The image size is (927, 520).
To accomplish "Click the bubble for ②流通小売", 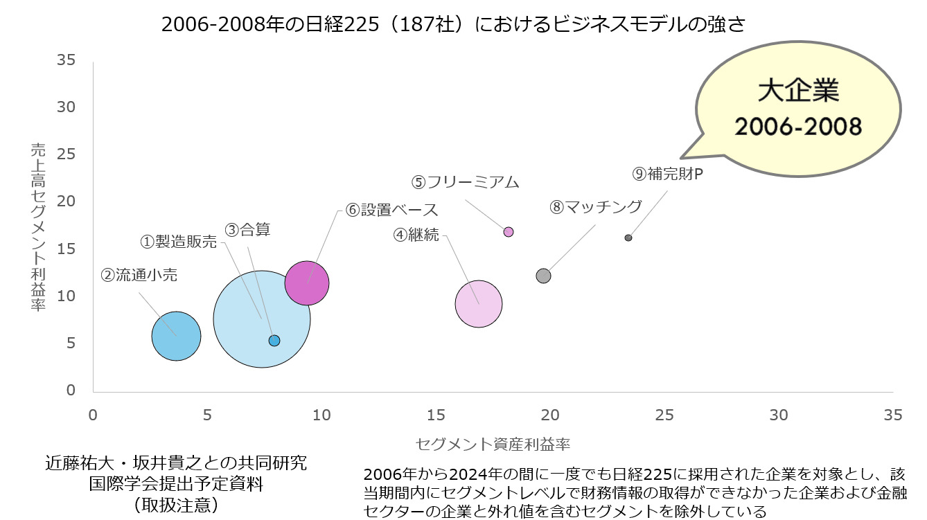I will coord(176,337).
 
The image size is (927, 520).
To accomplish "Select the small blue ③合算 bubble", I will coord(274,341).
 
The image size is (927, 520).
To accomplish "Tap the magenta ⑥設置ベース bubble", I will coord(307,283).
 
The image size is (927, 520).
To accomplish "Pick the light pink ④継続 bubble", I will coord(479,304).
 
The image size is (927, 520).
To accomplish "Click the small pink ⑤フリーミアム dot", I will coord(509,232).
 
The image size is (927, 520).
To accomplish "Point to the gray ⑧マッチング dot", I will coord(543,276).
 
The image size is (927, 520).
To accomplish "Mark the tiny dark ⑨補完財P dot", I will coord(628,237).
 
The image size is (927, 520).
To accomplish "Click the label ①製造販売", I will coord(179,242).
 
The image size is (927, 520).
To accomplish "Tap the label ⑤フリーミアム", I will coord(465,182).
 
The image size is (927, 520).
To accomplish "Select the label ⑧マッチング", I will coord(597,206).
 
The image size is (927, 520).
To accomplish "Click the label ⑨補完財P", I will coord(668,174).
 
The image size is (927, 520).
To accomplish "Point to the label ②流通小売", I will coord(139,275).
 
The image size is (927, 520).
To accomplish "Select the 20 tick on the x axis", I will coord(550,415).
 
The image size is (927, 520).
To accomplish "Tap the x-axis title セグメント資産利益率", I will coord(493,443).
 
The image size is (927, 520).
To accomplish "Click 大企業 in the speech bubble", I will coord(798,91).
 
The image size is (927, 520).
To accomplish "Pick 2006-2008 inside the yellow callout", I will coord(798,126).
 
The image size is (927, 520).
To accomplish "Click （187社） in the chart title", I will coord(423,25).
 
